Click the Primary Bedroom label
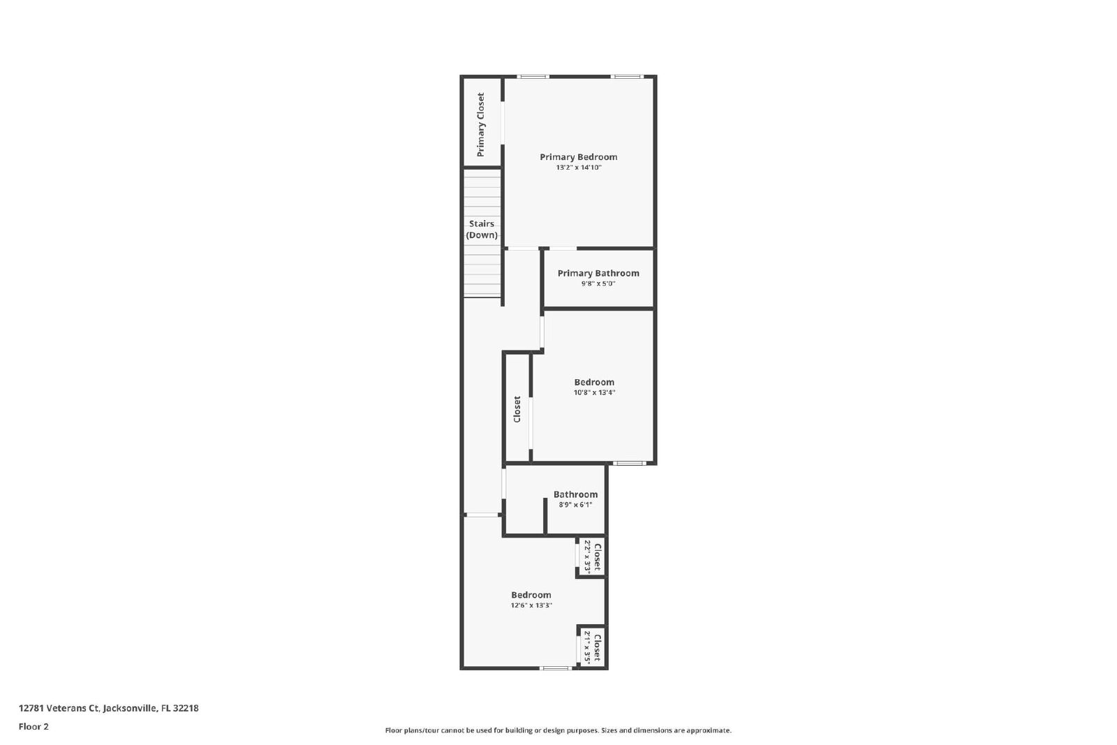pos(579,157)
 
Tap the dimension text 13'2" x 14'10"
pos(579,168)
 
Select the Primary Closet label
pos(481,125)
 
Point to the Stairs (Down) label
pos(482,230)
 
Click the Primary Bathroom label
pos(598,273)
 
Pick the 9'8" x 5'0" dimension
pos(598,283)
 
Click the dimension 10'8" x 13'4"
pos(594,392)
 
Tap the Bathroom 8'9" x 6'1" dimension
pos(575,505)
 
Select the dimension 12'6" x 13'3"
pos(531,605)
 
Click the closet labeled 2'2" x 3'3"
pos(592,556)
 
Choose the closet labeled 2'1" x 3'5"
pos(592,647)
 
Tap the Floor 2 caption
pos(34,727)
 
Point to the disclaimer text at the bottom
pos(558,730)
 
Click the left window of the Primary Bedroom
pos(533,77)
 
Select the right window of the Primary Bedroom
pos(628,77)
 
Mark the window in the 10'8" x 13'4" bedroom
pos(629,463)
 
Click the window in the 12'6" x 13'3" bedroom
pos(556,668)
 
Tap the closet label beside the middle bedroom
pos(517,409)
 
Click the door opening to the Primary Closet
pos(503,123)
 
